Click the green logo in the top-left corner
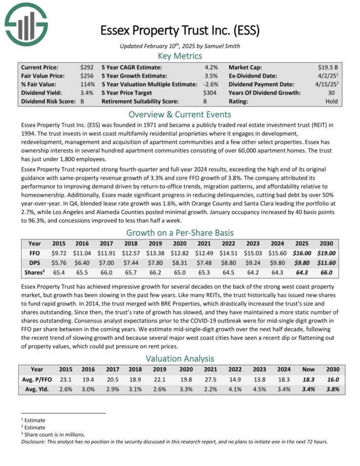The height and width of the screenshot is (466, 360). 26,23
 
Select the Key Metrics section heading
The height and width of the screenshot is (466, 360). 180,56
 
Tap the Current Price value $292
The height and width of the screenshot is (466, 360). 87,67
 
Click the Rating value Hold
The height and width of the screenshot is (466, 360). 332,101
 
